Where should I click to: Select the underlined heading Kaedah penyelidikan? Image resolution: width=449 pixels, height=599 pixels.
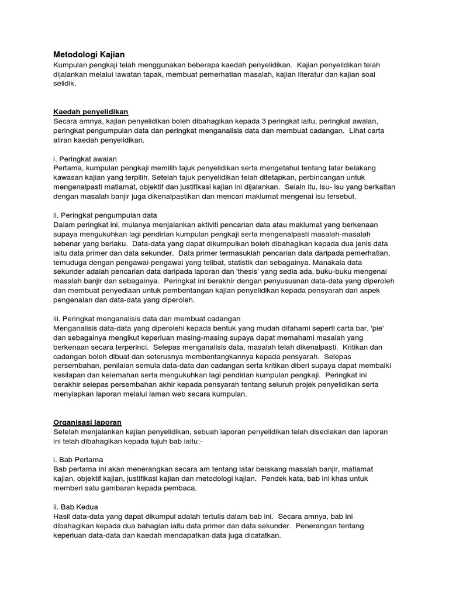(91, 112)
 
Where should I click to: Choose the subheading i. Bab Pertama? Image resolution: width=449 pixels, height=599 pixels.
(78, 459)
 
